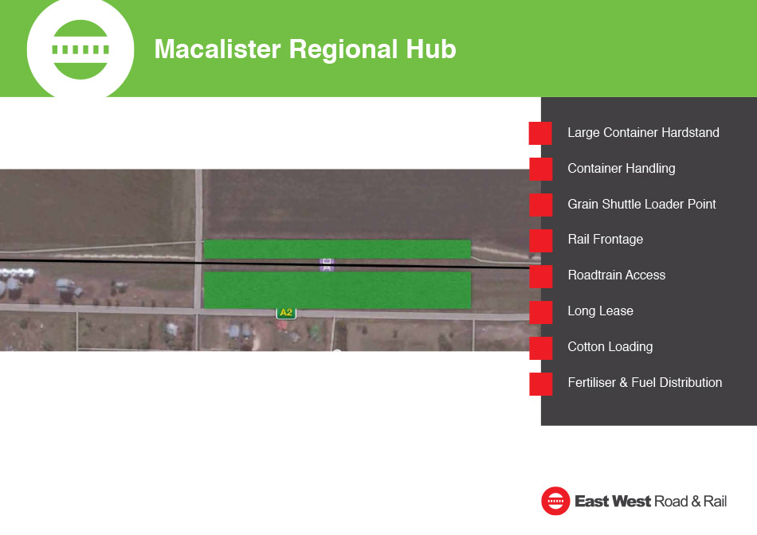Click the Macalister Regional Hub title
[x=305, y=49]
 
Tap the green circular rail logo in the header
[x=80, y=49]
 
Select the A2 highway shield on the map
[x=286, y=313]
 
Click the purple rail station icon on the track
[x=327, y=264]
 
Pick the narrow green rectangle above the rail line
[x=337, y=249]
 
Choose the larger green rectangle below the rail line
[x=337, y=290]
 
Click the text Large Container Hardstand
[x=643, y=133]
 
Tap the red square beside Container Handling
[x=541, y=169]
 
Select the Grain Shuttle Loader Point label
[x=641, y=204]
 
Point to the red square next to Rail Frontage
[x=541, y=240]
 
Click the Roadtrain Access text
[x=617, y=275]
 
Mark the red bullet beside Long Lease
[x=541, y=312]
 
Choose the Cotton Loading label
[x=610, y=347]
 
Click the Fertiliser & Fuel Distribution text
[x=645, y=383]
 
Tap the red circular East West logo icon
[x=555, y=501]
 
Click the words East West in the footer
[x=613, y=502]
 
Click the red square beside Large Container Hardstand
[x=541, y=133]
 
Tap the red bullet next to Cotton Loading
[x=541, y=348]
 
